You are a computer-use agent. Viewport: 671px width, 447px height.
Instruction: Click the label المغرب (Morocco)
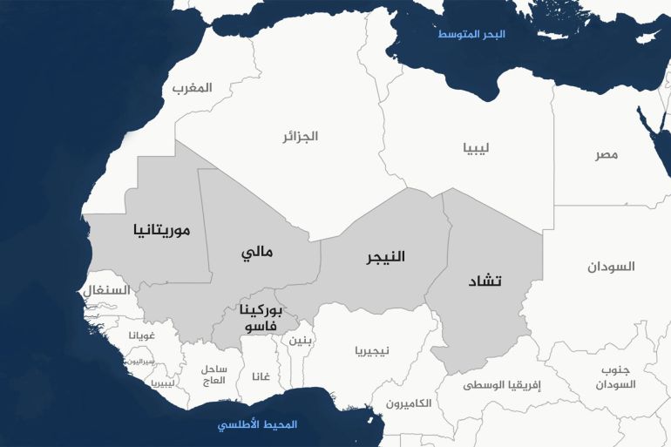192,88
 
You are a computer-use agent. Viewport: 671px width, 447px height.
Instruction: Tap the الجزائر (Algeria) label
299,137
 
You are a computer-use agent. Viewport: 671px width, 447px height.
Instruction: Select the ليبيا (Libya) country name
476,147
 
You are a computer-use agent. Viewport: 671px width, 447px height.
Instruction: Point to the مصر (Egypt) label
607,154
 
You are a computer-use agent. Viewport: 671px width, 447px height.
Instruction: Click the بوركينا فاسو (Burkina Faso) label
260,318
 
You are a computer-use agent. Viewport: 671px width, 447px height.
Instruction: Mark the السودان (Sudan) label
611,266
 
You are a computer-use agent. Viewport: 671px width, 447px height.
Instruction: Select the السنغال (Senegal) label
107,290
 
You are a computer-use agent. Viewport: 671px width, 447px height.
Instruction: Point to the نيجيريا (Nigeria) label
372,351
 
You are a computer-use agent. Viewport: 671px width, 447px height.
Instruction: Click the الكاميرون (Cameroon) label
408,403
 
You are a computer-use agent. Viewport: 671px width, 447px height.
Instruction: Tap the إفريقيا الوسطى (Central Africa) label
501,384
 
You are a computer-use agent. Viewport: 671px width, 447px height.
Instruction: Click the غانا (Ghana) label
260,376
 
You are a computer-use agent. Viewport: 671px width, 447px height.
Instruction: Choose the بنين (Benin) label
299,340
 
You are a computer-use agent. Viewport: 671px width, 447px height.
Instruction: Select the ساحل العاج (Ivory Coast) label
213,375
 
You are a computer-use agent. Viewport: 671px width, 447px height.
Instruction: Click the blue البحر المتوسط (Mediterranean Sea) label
471,34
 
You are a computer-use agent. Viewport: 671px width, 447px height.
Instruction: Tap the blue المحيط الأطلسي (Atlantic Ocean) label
257,424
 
